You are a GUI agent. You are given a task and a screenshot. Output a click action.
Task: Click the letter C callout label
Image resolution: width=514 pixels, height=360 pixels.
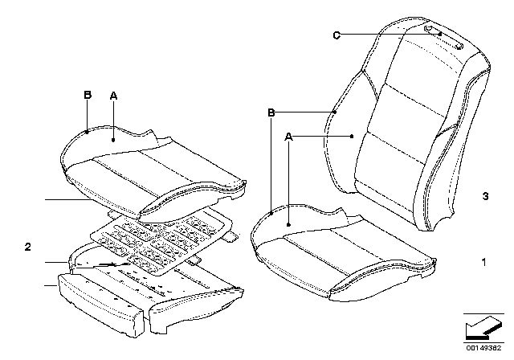(x=337, y=35)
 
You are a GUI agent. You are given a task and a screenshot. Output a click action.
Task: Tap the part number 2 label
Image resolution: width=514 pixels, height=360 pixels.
(x=28, y=247)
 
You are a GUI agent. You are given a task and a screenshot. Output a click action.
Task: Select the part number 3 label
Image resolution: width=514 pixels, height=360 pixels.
(x=485, y=196)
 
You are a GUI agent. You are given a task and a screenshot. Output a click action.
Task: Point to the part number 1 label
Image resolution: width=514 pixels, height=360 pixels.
(x=483, y=262)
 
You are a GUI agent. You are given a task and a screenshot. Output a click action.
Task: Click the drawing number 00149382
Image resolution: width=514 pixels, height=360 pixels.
(x=483, y=348)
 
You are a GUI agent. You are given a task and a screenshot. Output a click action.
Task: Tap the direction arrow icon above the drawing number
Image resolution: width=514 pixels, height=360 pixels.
(x=483, y=328)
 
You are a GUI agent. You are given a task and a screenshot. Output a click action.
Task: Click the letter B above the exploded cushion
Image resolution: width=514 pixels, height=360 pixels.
(x=88, y=95)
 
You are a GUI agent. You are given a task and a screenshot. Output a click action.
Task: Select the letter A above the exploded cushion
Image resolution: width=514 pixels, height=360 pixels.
(x=113, y=96)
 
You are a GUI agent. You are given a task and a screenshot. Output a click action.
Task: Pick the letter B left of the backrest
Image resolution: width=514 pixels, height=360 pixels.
(x=271, y=112)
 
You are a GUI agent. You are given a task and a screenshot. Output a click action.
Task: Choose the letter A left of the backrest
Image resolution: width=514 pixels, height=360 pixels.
(x=288, y=137)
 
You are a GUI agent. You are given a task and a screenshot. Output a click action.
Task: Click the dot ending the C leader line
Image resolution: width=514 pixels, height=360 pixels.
(x=440, y=34)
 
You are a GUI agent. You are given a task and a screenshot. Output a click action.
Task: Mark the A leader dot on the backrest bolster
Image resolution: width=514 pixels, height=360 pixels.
(x=352, y=137)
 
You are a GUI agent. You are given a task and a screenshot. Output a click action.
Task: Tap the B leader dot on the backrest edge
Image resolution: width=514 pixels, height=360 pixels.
(x=335, y=112)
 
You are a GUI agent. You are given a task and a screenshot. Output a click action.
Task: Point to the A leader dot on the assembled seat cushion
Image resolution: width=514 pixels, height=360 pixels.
(x=288, y=224)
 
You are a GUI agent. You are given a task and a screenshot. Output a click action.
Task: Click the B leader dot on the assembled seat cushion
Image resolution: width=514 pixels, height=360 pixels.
(x=271, y=214)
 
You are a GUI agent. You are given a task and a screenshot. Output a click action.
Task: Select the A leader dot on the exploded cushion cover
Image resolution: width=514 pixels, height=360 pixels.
(x=113, y=140)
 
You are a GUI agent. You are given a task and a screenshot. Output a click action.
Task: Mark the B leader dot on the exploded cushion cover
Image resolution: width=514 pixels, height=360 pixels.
(x=88, y=132)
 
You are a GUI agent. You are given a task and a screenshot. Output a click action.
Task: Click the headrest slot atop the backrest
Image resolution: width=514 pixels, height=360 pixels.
(x=444, y=37)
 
